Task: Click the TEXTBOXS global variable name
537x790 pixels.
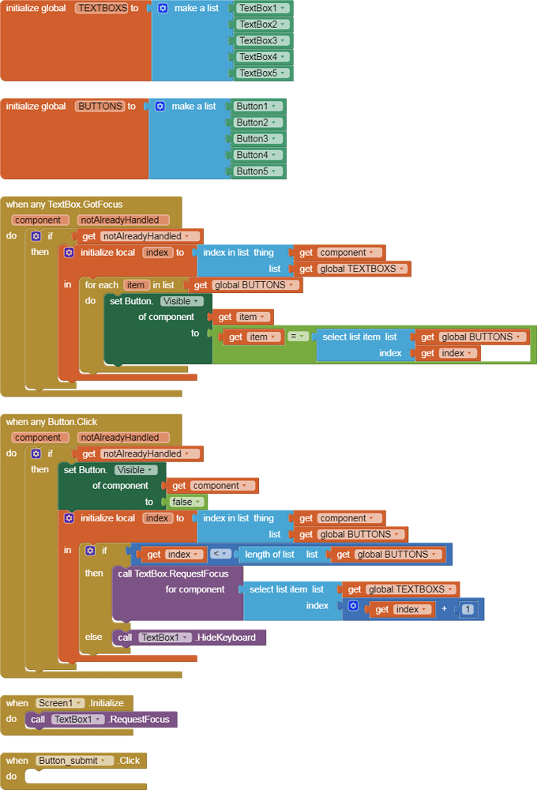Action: [x=102, y=8]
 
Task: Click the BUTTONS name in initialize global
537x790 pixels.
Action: [x=100, y=106]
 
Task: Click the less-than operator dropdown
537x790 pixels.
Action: [x=222, y=555]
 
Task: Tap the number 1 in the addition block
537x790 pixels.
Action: [x=468, y=609]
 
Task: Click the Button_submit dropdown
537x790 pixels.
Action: [x=74, y=761]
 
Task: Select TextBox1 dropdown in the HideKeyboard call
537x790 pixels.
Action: [x=165, y=638]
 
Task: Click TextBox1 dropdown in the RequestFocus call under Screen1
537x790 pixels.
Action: [x=77, y=720]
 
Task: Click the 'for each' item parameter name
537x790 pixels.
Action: [x=136, y=285]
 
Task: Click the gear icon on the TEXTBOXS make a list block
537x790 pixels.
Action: [x=163, y=8]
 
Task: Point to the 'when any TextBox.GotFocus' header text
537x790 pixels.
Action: [x=65, y=204]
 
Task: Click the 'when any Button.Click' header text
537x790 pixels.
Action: [x=52, y=422]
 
